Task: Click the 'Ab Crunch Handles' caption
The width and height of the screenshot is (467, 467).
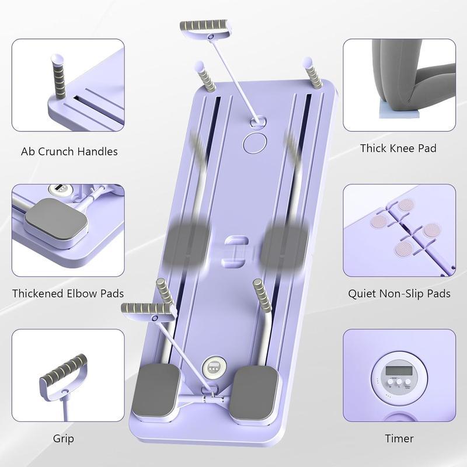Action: pos(69,152)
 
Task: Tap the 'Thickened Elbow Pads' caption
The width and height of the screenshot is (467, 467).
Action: pos(68,293)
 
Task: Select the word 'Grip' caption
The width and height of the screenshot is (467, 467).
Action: pos(64,438)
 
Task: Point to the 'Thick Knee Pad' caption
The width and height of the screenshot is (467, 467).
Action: pos(398,148)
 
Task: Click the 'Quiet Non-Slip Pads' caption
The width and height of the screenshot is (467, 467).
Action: pos(399,293)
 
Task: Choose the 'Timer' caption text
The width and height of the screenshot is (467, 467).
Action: pos(399,438)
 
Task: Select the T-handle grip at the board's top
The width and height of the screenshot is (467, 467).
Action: pos(204,27)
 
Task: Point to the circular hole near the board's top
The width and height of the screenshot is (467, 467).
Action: pos(255,142)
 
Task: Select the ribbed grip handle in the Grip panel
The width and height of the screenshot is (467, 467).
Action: pos(64,371)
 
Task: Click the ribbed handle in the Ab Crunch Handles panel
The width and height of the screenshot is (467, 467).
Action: pos(60,78)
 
